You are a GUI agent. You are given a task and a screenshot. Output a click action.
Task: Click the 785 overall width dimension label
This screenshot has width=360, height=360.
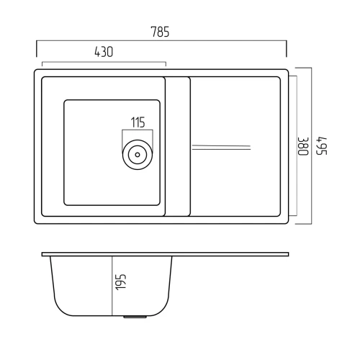click(x=160, y=32)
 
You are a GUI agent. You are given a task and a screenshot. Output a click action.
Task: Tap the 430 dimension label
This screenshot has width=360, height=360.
click(x=104, y=52)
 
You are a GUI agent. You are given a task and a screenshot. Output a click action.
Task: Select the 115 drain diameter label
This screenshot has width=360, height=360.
click(x=138, y=122)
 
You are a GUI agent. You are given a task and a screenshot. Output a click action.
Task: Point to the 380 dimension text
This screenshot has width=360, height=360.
click(x=303, y=146)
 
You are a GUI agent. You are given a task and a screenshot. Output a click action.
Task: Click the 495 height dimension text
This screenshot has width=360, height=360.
click(x=322, y=146)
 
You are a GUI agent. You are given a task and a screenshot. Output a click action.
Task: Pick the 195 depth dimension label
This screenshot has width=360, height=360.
click(x=120, y=282)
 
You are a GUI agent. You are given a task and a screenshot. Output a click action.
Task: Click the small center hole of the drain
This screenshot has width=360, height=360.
click(x=138, y=155)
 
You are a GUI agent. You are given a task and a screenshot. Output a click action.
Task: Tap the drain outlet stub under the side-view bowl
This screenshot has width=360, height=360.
click(x=135, y=317)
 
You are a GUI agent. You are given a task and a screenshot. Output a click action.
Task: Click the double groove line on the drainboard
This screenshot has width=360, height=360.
click(x=221, y=148)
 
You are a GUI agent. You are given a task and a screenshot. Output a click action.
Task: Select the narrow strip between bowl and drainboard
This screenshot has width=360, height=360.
click(x=178, y=146)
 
